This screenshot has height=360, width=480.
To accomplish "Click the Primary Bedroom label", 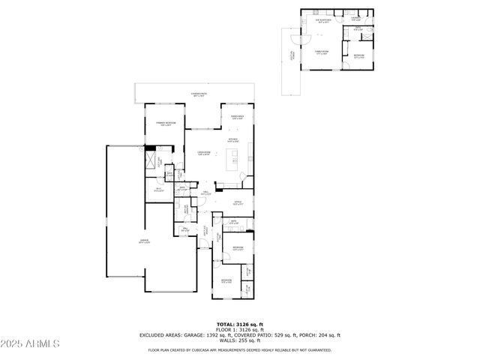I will pyautogui.click(x=164, y=123).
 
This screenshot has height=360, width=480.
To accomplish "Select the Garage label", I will pyautogui.click(x=144, y=241).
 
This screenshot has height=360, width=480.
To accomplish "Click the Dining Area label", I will pyautogui.click(x=236, y=117).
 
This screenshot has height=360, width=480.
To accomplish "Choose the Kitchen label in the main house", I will pyautogui.click(x=233, y=139).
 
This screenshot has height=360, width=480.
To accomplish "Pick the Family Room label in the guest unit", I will pyautogui.click(x=322, y=52).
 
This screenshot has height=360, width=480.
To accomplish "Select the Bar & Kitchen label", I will pyautogui.click(x=324, y=22).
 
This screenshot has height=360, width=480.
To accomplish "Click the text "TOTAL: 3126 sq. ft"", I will pyautogui.click(x=239, y=323).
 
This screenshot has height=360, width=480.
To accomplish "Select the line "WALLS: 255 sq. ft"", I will pyautogui.click(x=239, y=341).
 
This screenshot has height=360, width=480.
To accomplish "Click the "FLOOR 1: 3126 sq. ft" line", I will pyautogui.click(x=239, y=329).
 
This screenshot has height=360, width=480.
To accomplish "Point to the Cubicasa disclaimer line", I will pyautogui.click(x=239, y=349).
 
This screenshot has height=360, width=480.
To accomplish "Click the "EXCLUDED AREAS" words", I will pyautogui.click(x=159, y=335).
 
